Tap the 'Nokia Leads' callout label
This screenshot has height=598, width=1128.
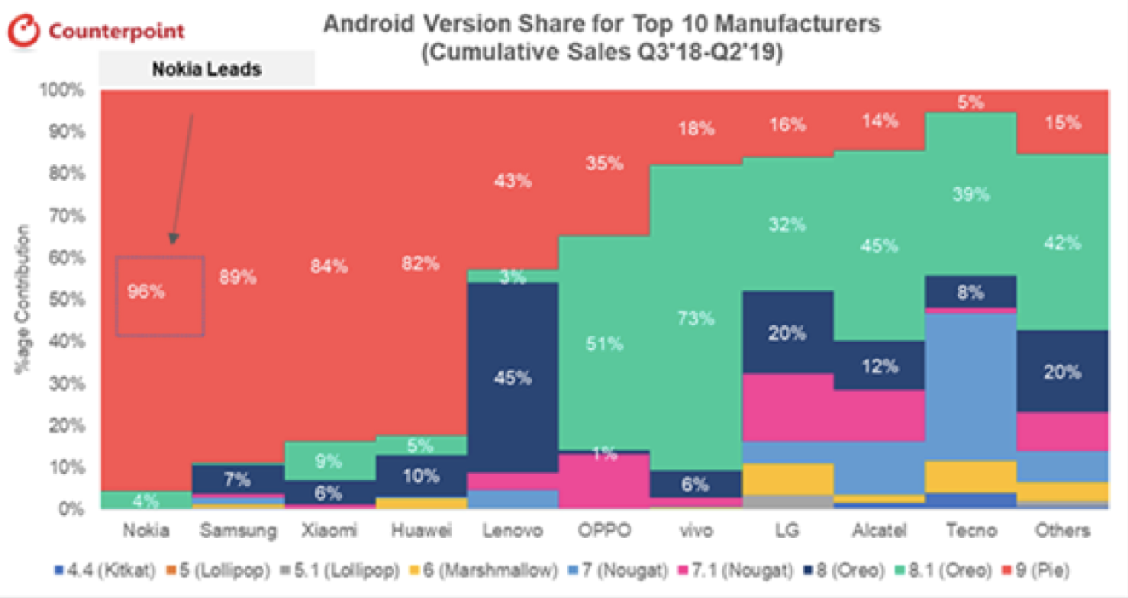point(206,70)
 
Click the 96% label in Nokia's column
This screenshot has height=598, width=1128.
point(146,291)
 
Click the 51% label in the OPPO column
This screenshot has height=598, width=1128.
point(605,344)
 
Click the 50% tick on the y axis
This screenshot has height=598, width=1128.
point(66,300)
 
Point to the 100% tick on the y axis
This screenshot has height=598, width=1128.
point(63,90)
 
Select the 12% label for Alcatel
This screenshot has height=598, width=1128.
point(879,366)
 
